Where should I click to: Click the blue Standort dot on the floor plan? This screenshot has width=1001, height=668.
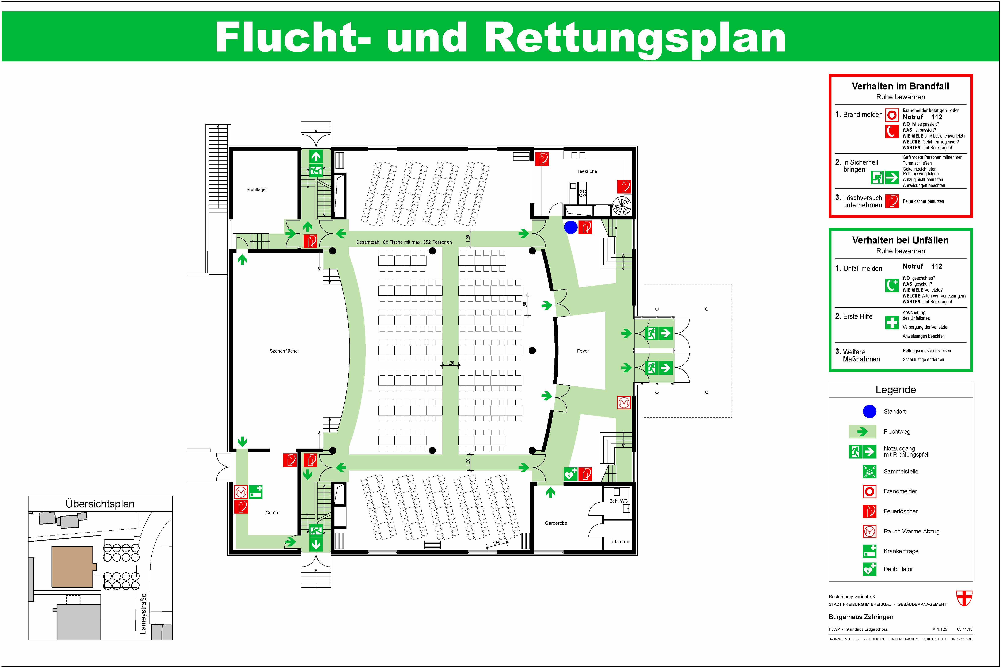click(x=570, y=227)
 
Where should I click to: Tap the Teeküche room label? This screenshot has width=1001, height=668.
click(x=587, y=171)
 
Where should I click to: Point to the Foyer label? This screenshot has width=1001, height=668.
click(x=583, y=351)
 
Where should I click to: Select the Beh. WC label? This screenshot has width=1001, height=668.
click(x=618, y=501)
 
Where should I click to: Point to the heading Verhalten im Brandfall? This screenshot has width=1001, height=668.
click(x=900, y=86)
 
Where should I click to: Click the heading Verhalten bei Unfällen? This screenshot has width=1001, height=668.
click(x=900, y=240)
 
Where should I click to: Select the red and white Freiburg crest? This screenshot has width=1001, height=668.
click(x=964, y=598)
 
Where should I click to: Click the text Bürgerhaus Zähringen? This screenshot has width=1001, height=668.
click(x=861, y=617)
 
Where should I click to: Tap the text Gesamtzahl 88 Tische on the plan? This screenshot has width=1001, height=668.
click(x=403, y=242)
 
